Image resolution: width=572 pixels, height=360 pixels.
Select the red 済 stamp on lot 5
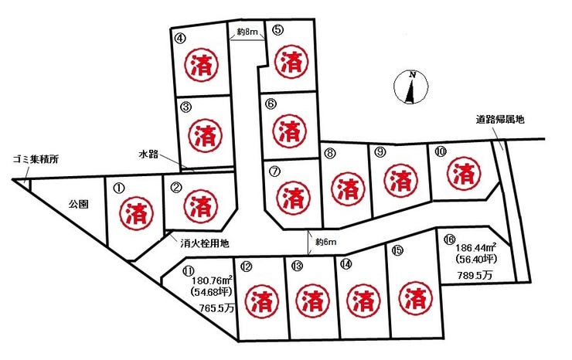click(x=291, y=62)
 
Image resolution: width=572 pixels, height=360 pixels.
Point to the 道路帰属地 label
click(x=499, y=119)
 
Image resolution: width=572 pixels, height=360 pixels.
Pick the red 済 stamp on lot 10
click(x=464, y=171)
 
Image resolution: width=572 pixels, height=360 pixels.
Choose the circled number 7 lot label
click(x=274, y=172)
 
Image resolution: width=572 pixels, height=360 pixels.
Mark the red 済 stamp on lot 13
click(x=310, y=300)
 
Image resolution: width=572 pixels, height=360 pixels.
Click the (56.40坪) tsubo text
click(x=475, y=260)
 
